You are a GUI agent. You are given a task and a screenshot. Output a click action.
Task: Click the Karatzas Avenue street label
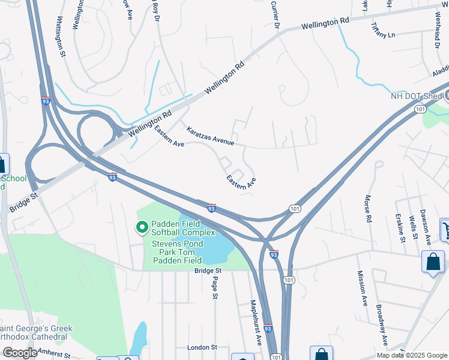(x=209, y=136)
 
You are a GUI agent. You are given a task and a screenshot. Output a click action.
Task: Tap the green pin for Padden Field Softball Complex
(x=142, y=227)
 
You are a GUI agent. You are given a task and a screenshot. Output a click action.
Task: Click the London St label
(x=202, y=347)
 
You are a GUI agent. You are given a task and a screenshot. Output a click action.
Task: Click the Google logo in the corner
(x=20, y=353)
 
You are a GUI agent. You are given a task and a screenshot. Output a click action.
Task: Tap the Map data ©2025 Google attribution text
(x=411, y=355)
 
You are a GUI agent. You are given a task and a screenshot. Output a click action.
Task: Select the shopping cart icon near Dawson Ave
(x=445, y=229)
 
